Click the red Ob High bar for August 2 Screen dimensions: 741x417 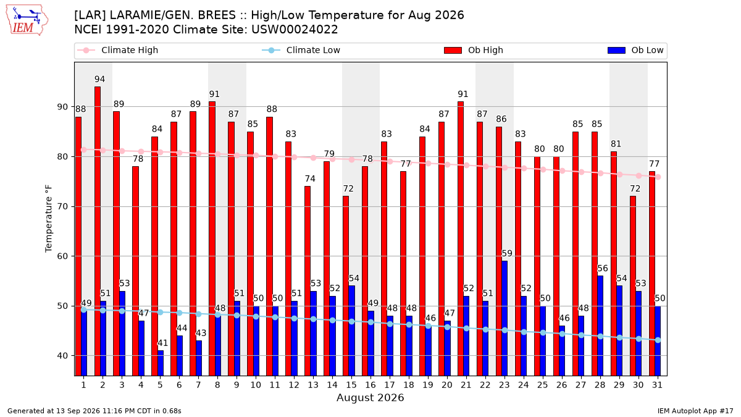[x=98, y=231]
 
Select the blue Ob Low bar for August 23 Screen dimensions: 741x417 [x=504, y=318]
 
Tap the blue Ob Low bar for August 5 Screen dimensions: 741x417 [x=161, y=363]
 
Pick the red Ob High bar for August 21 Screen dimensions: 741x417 [x=461, y=238]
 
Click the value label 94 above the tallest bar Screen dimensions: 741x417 [x=99, y=79]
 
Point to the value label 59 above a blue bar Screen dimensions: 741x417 [x=507, y=253]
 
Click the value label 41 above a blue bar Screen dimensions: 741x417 [x=162, y=343]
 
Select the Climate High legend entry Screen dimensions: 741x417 [x=118, y=50]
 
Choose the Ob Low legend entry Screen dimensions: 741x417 [x=635, y=50]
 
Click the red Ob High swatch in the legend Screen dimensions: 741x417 [x=453, y=50]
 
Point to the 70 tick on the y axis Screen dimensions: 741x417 [x=62, y=206]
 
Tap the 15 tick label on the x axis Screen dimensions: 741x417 [x=351, y=385]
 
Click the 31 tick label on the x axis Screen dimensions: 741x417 [x=657, y=385]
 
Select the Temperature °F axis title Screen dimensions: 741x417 [x=49, y=219]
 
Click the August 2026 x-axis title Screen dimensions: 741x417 [x=370, y=397]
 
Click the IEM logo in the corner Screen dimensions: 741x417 [x=27, y=20]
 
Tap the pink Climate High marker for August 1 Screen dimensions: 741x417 [x=84, y=150]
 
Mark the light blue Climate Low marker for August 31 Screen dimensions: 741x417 [x=658, y=340]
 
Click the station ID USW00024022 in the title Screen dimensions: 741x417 [x=295, y=30]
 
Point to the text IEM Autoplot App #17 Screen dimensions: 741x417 [x=695, y=411]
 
